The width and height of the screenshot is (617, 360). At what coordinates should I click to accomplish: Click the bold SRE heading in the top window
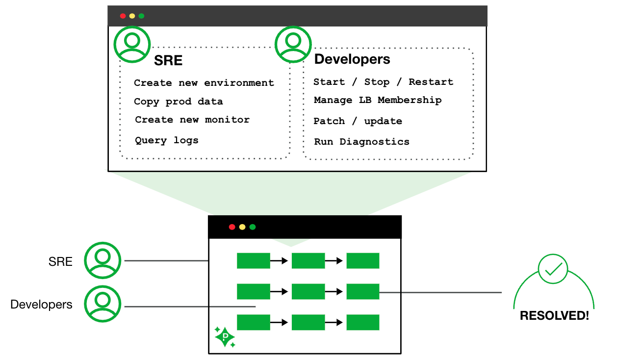pyautogui.click(x=168, y=60)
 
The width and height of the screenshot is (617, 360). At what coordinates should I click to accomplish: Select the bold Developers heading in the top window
pyautogui.click(x=352, y=59)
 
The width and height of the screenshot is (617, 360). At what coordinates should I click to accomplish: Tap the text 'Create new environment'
pyautogui.click(x=204, y=83)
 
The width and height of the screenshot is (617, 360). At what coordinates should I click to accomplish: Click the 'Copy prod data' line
pyautogui.click(x=179, y=102)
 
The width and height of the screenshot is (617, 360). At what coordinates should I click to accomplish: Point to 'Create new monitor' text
pyautogui.click(x=192, y=120)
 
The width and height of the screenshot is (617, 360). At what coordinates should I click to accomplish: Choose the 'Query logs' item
pyautogui.click(x=167, y=140)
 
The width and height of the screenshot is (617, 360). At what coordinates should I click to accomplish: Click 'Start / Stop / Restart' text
pyautogui.click(x=384, y=82)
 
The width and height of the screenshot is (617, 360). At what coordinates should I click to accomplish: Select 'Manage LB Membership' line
pyautogui.click(x=378, y=100)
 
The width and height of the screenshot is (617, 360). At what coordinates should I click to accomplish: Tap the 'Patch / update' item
pyautogui.click(x=358, y=121)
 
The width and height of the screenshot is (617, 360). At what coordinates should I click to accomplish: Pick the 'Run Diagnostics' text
pyautogui.click(x=362, y=142)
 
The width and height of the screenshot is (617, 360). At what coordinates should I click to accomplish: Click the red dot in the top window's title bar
pyautogui.click(x=123, y=16)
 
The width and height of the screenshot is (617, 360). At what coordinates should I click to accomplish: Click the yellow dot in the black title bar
pyautogui.click(x=242, y=227)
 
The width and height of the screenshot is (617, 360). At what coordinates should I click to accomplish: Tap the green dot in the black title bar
pyautogui.click(x=253, y=227)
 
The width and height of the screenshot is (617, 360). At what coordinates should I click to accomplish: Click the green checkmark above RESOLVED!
pyautogui.click(x=553, y=269)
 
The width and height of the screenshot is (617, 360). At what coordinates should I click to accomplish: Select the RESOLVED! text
pyautogui.click(x=554, y=315)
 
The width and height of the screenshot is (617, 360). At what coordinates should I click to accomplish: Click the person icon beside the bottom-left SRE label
pyautogui.click(x=103, y=260)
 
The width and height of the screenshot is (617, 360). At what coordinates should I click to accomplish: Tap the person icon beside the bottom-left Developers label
pyautogui.click(x=103, y=304)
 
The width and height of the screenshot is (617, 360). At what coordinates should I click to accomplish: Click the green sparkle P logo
pyautogui.click(x=225, y=337)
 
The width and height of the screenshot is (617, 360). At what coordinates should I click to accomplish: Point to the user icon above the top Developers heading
pyautogui.click(x=293, y=44)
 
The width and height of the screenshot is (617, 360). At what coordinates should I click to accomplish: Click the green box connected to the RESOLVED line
pyautogui.click(x=363, y=292)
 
